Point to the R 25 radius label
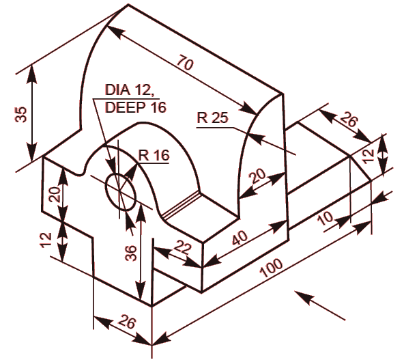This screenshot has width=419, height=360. click(212, 117)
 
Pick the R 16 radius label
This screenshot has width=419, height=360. click(154, 155)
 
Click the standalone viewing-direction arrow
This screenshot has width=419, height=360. click(320, 305)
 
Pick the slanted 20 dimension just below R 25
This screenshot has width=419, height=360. click(257, 176)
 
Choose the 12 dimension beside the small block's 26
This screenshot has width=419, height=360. click(369, 154)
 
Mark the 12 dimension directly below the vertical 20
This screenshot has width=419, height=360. click(46, 239)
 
